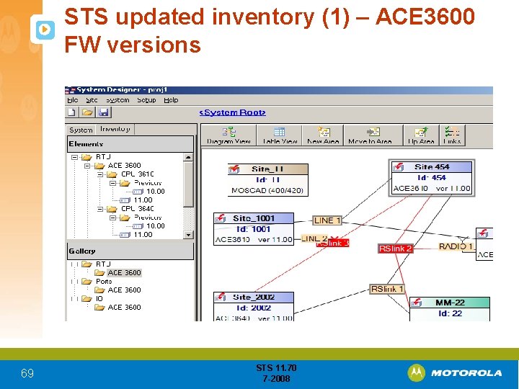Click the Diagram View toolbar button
point(229,135)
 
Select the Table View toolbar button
point(280,135)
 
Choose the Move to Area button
point(371,135)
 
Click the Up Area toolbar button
point(421,135)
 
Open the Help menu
point(171,100)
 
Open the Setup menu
point(146,100)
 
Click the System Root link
point(232,112)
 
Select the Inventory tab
point(115,129)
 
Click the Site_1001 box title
point(254,218)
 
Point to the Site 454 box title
point(432,167)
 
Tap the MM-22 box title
point(450,303)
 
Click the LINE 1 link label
point(327,220)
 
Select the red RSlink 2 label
point(396,249)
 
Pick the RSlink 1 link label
point(387,289)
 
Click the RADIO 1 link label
point(456,246)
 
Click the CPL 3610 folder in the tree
point(136,174)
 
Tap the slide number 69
point(27,373)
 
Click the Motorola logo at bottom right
point(455,372)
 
